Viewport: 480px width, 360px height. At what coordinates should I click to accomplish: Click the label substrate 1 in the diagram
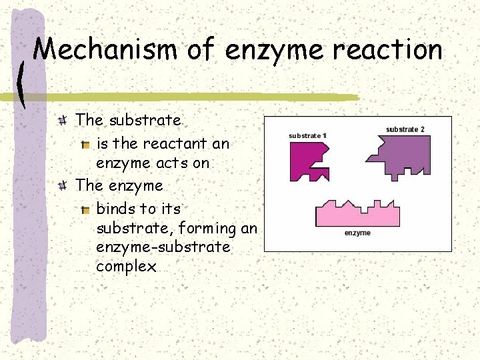pyautogui.click(x=307, y=135)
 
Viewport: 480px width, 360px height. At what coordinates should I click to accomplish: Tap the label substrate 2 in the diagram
pyautogui.click(x=405, y=129)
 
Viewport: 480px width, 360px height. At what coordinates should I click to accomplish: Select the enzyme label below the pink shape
pyautogui.click(x=357, y=233)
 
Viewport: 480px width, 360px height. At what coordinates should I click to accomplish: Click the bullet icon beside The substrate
pyautogui.click(x=62, y=121)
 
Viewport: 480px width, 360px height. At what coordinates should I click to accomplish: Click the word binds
pyautogui.click(x=117, y=209)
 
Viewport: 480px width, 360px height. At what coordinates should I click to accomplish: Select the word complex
pyautogui.click(x=126, y=267)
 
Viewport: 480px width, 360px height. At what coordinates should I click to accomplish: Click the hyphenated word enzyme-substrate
pyautogui.click(x=163, y=247)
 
